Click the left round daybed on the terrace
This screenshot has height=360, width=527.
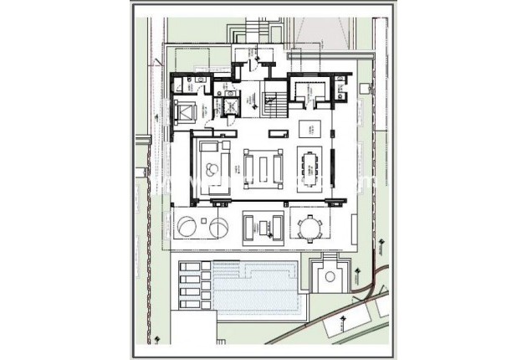pyautogui.click(x=187, y=227)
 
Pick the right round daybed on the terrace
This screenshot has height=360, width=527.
pyautogui.click(x=220, y=227)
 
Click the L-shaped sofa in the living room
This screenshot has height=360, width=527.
pyautogui.click(x=215, y=167)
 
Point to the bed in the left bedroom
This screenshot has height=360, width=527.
pyautogui.click(x=186, y=111)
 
